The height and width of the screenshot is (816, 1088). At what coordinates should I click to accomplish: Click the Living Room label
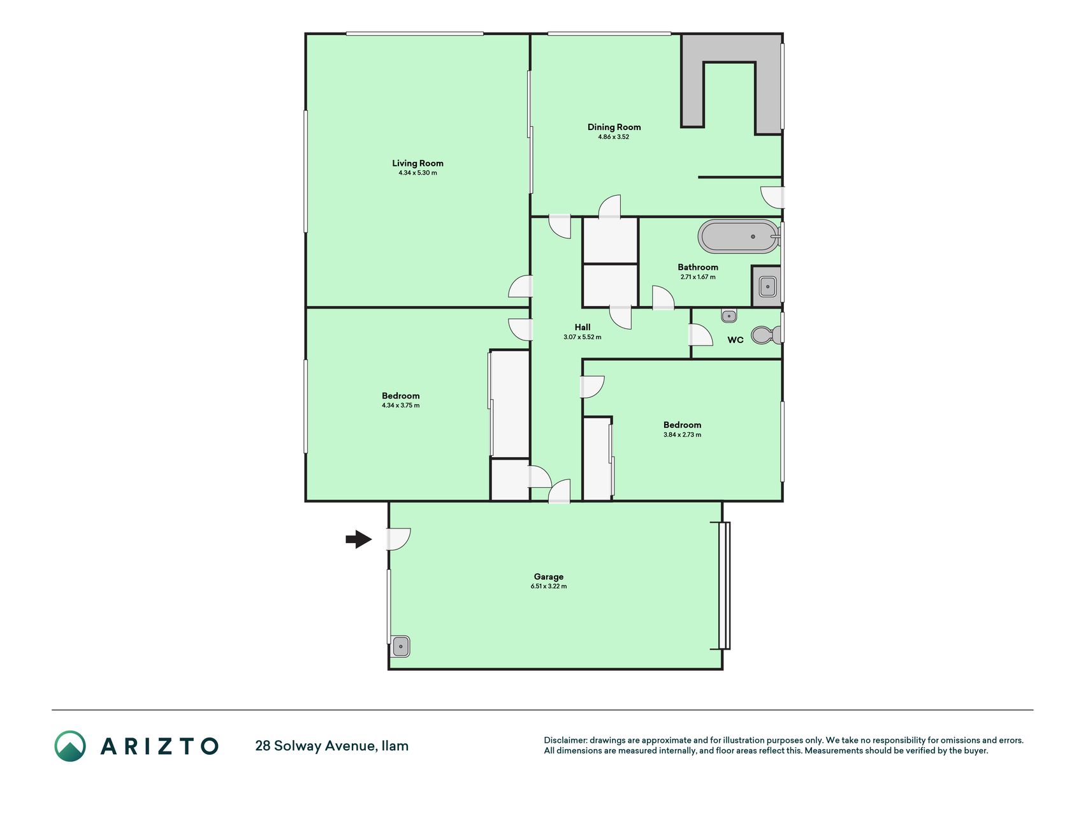click(x=417, y=163)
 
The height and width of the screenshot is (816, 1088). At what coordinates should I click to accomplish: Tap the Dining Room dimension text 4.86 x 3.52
click(x=613, y=137)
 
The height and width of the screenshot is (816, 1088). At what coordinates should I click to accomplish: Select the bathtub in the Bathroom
click(x=739, y=237)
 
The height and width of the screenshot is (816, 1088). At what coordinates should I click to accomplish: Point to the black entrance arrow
click(x=359, y=539)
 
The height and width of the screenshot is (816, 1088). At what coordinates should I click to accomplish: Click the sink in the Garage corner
click(x=400, y=646)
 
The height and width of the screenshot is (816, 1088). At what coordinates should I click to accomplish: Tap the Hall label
click(x=583, y=327)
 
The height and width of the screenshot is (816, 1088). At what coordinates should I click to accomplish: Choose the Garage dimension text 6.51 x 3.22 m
click(x=549, y=586)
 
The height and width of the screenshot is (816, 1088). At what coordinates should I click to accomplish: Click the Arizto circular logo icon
click(x=70, y=746)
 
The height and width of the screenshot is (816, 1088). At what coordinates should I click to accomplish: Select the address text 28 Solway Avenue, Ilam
click(x=331, y=746)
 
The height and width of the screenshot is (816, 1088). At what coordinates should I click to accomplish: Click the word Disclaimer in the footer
click(x=565, y=740)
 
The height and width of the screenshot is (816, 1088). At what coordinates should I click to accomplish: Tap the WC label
click(x=736, y=340)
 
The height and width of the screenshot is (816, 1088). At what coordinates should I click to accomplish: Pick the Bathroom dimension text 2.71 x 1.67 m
click(x=698, y=277)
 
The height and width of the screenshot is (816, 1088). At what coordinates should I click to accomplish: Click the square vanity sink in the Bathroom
click(x=767, y=286)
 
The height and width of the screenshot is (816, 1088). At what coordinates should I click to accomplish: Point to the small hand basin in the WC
click(x=729, y=316)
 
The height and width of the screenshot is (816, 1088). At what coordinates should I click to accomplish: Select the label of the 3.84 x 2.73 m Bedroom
click(x=682, y=425)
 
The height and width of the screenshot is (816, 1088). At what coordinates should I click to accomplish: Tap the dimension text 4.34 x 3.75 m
click(x=400, y=405)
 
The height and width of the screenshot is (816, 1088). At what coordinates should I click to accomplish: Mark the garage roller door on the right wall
click(x=724, y=585)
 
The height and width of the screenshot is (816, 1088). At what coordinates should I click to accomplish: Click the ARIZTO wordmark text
click(x=159, y=746)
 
